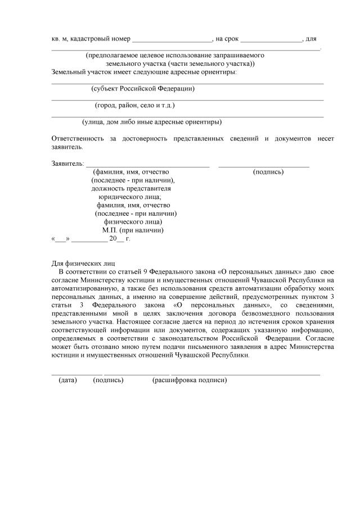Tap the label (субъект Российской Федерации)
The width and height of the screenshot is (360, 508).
(x=143, y=89)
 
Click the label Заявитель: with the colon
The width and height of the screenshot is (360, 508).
(x=67, y=164)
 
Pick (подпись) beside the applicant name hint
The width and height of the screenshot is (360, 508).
(x=268, y=172)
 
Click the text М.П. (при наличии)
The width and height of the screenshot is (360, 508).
(x=133, y=230)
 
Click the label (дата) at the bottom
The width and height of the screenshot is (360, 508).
(x=67, y=380)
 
